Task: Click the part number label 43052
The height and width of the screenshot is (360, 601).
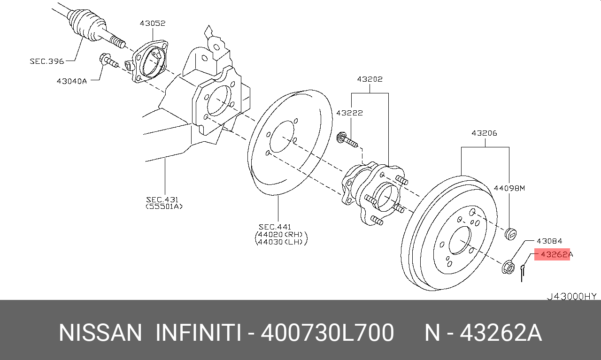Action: [x=153, y=23]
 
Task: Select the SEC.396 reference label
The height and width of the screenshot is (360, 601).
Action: [x=47, y=61]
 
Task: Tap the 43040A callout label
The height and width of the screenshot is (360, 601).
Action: [x=72, y=81]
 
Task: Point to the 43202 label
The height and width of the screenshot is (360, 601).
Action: [x=370, y=79]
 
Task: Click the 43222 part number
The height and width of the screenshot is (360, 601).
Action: [x=349, y=113]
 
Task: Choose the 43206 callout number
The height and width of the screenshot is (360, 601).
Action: [x=484, y=133]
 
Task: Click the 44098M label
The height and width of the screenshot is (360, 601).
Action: [x=509, y=188]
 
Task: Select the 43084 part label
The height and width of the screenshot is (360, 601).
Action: [x=549, y=241]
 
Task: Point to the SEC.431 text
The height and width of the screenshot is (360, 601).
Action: [x=162, y=199]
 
